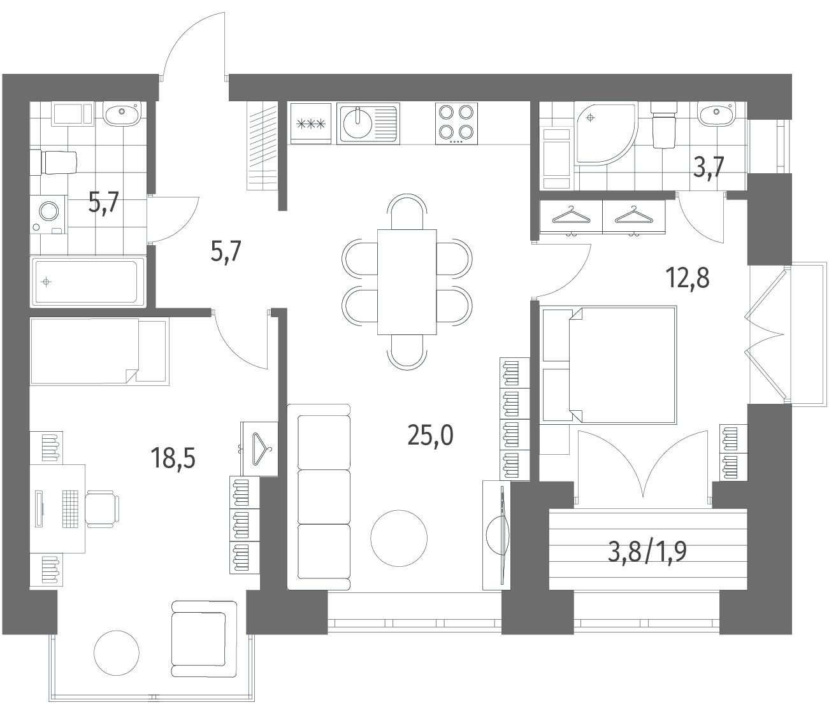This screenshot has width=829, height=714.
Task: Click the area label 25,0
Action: pyautogui.click(x=430, y=435)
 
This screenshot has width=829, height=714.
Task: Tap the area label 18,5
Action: pyautogui.click(x=173, y=458)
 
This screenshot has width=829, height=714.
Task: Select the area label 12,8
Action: pyautogui.click(x=688, y=278)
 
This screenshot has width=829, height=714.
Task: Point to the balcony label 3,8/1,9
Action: pyautogui.click(x=647, y=552)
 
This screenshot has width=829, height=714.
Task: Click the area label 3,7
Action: pyautogui.click(x=709, y=167)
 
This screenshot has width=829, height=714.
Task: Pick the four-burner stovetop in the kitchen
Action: pyautogui.click(x=457, y=123)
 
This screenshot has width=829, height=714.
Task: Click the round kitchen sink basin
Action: pyautogui.click(x=357, y=124)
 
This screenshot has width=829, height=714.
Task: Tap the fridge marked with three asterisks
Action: pyautogui.click(x=311, y=124)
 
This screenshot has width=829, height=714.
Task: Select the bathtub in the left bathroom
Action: pyautogui.click(x=88, y=282)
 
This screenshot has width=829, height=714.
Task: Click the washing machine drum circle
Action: pyautogui.click(x=49, y=211)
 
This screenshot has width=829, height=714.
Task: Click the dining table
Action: pyautogui.click(x=407, y=282)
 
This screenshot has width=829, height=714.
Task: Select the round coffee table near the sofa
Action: pyautogui.click(x=399, y=538)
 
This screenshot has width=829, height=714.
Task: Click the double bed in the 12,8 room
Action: pyautogui.click(x=608, y=365)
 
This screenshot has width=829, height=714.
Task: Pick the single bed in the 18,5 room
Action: pyautogui.click(x=99, y=352)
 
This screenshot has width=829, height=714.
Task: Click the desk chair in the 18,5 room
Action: pyautogui.click(x=102, y=509)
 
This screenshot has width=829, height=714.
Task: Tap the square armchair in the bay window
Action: pyautogui.click(x=204, y=639)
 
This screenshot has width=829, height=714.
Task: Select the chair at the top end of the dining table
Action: pyautogui.click(x=407, y=211)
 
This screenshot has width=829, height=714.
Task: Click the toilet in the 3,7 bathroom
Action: pyautogui.click(x=663, y=125)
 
